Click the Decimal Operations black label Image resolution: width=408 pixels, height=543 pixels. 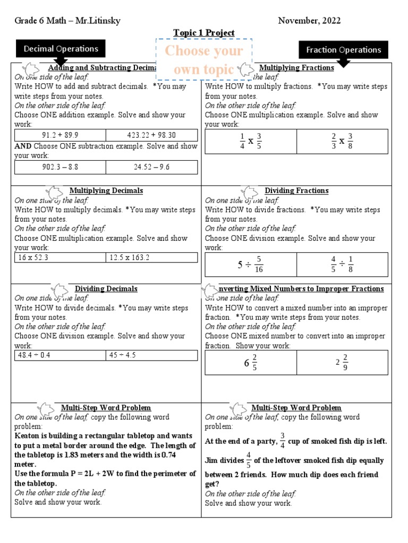[61, 49]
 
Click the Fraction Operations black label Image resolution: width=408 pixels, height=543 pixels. [343, 50]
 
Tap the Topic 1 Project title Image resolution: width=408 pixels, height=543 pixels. [204, 33]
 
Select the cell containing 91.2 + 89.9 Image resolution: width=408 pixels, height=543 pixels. [60, 135]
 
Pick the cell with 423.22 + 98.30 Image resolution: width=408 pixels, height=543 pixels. [151, 135]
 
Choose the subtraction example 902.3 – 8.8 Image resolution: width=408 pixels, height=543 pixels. [60, 167]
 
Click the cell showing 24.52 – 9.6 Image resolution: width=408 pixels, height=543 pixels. [151, 167]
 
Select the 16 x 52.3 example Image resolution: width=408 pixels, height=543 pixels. [60, 258]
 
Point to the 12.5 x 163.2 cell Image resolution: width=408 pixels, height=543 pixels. [151, 258]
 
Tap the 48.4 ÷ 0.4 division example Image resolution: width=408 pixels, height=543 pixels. [60, 355]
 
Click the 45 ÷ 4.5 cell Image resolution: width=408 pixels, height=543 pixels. [151, 355]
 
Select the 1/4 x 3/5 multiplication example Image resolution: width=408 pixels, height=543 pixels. [251, 142]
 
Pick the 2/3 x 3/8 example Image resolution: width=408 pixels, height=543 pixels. [342, 142]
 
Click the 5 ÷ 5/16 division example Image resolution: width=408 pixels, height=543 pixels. [251, 264]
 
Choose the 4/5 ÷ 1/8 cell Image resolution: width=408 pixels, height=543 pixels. [342, 264]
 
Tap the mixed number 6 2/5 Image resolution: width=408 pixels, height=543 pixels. [251, 363]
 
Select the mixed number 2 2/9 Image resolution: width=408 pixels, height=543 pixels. [342, 363]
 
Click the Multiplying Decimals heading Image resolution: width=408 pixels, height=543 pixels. [106, 191]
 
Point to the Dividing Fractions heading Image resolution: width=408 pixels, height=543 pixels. [296, 191]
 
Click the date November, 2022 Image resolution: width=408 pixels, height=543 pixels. [310, 21]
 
